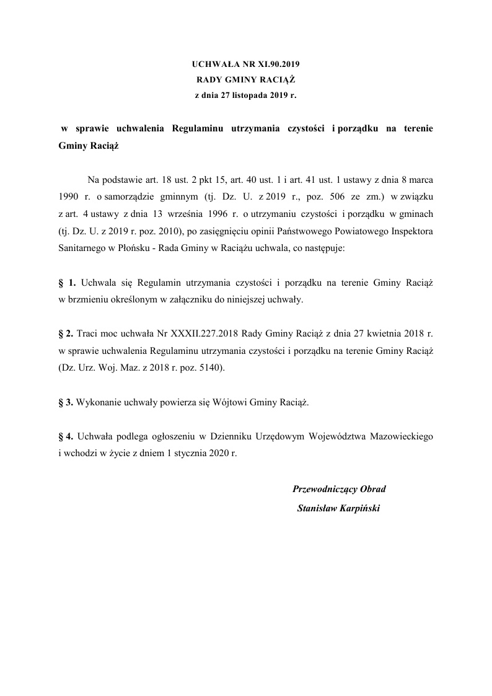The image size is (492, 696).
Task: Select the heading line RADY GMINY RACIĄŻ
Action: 246,80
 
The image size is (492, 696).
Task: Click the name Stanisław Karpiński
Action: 338,508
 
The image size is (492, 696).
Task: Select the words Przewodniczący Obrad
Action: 338,489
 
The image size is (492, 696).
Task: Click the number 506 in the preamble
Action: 325,196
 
